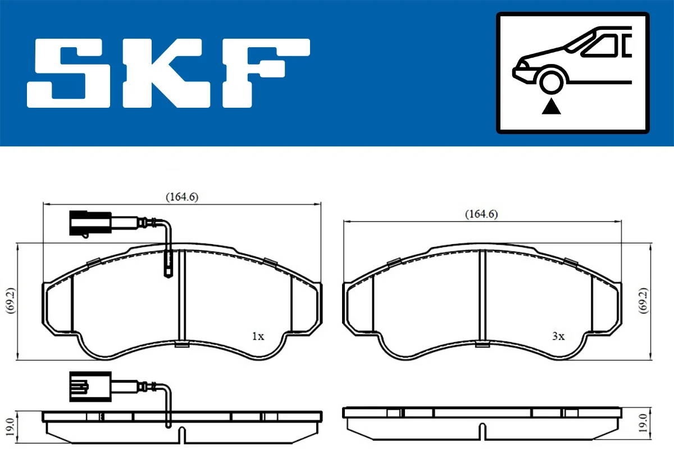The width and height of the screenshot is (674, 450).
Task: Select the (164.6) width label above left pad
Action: coord(182,196)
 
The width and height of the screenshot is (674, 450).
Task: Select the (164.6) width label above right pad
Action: coord(481,214)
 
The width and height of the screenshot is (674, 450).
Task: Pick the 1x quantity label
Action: coord(258,337)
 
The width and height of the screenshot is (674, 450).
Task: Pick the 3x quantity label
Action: coord(557,337)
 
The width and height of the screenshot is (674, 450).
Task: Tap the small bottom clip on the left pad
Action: coord(181,344)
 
